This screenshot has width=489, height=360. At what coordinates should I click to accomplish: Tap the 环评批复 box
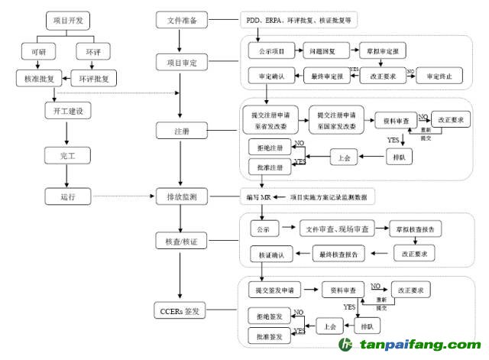pyautogui.click(x=94, y=78)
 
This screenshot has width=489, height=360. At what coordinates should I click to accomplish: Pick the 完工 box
pyautogui.click(x=67, y=156)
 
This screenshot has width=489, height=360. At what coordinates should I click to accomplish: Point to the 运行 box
pyautogui.click(x=67, y=196)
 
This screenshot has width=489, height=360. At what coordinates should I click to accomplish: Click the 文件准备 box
pyautogui.click(x=181, y=20)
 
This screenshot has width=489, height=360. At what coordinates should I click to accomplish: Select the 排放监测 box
pyautogui.click(x=181, y=197)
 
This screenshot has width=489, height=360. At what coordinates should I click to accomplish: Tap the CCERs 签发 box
pyautogui.click(x=181, y=312)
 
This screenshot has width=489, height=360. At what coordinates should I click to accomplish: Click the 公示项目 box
pyautogui.click(x=267, y=52)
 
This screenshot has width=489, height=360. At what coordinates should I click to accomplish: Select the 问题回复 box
pyautogui.click(x=321, y=52)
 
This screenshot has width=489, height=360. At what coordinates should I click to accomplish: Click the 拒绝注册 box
pyautogui.click(x=266, y=148)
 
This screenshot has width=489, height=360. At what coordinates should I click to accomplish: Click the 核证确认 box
pyautogui.click(x=271, y=254)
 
